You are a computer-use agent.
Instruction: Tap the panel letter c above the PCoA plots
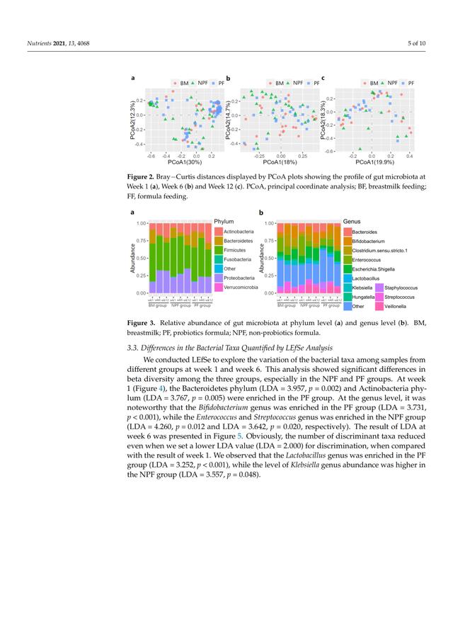323,77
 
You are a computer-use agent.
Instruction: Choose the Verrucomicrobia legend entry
240,288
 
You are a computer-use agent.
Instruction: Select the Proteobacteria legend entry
239,278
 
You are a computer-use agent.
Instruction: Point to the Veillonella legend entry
396,307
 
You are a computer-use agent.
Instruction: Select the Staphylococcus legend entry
401,288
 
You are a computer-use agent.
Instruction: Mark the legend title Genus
352,222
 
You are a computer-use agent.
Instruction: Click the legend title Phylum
223,222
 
